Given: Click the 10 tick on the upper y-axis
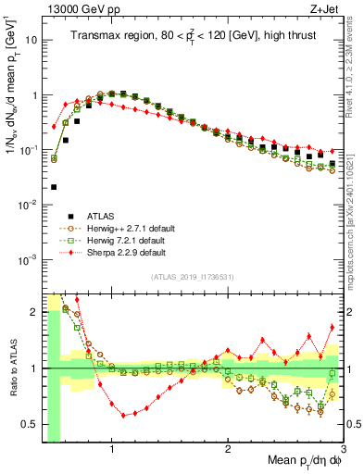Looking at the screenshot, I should tap(31, 41).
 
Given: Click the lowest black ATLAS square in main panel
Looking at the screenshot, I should tap(54, 187).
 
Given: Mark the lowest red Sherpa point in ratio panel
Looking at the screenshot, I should tap(123, 416).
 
